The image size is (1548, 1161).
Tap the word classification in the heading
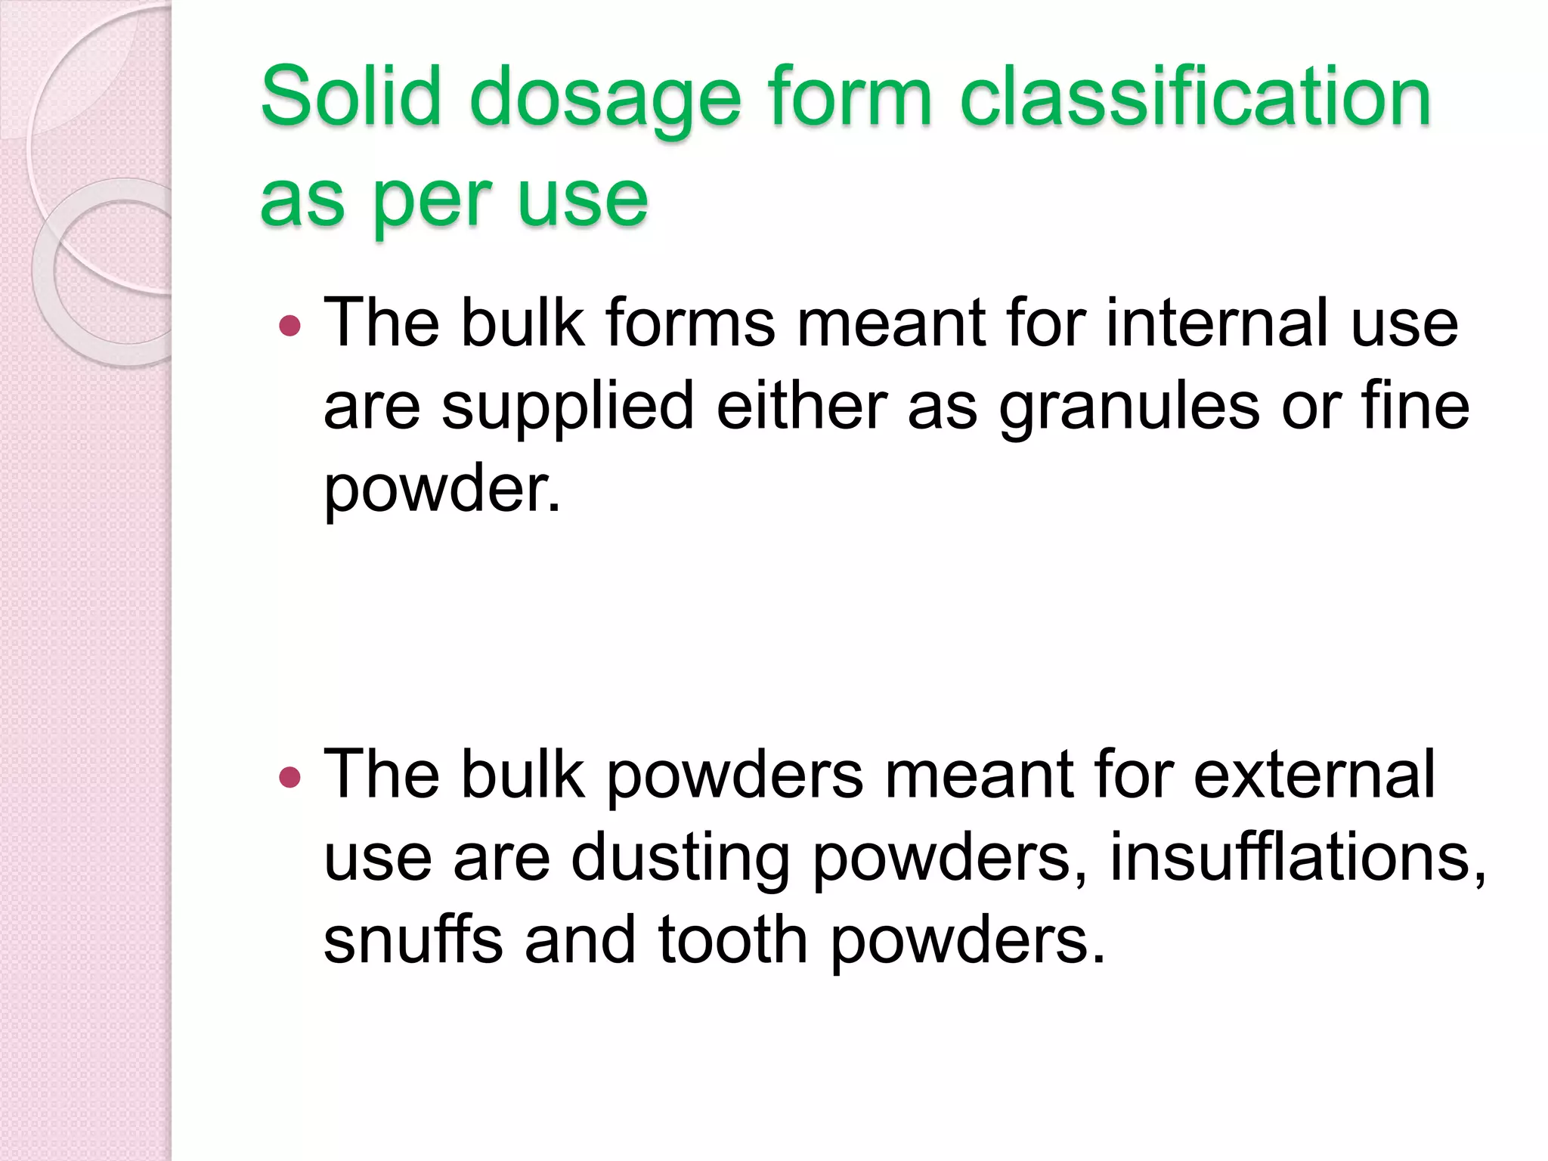1195,96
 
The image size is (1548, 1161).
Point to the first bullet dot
289,327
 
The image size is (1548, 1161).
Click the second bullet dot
289,777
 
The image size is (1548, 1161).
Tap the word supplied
568,409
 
